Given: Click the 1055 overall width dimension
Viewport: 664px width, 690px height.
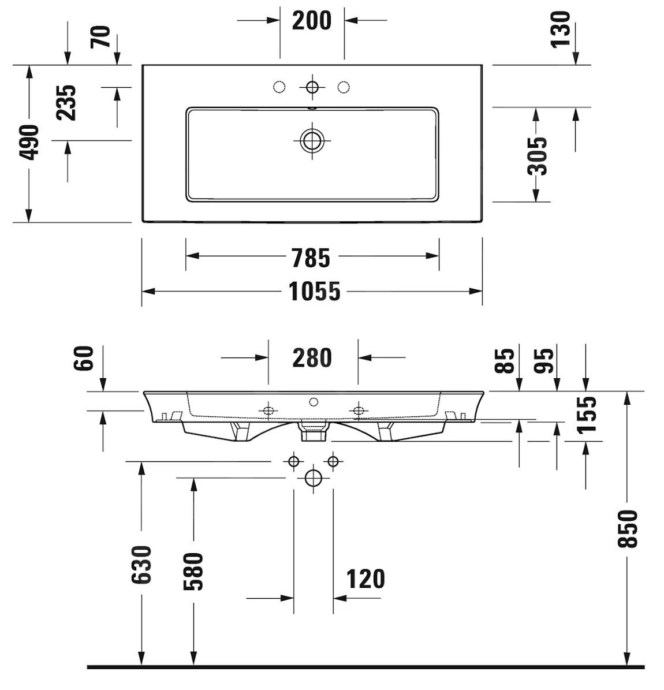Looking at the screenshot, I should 315,291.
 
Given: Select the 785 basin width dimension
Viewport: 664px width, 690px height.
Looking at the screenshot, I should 311,258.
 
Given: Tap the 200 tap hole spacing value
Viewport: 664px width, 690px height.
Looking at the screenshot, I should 312,21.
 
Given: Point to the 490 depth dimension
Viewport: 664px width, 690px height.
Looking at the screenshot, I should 28,142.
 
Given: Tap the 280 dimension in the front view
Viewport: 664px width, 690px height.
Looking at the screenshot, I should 312,358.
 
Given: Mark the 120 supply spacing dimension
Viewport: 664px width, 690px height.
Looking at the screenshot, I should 365,579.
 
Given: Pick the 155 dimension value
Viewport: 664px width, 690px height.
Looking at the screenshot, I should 586,414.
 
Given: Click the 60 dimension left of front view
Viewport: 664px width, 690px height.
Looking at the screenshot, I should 84,358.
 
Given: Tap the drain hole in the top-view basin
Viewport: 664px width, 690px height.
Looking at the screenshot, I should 312,140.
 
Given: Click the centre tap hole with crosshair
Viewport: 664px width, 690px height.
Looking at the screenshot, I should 312,87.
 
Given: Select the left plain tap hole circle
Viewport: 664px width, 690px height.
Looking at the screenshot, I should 279,87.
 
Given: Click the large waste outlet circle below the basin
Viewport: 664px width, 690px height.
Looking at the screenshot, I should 313,478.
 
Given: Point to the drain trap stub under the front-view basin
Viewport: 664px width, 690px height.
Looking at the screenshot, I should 312,431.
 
